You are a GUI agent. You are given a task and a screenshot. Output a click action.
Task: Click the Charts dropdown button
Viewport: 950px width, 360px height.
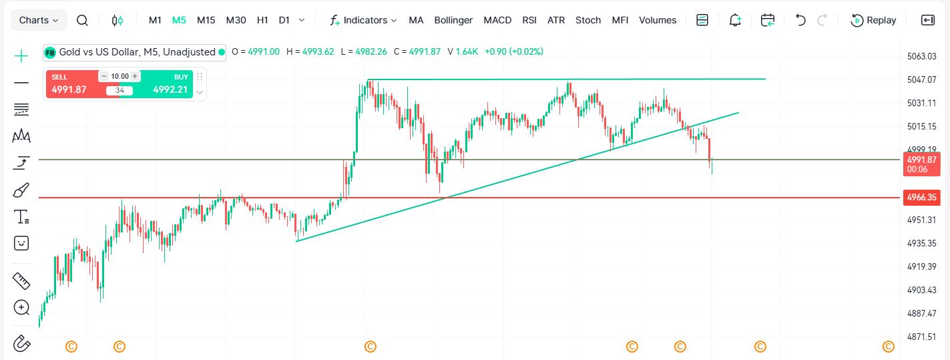[38, 20]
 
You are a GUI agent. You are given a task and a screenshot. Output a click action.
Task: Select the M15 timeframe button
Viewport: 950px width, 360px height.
[206, 20]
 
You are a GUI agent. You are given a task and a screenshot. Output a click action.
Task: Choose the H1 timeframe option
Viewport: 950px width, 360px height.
[262, 20]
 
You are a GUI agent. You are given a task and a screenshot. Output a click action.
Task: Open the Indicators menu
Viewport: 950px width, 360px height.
[364, 20]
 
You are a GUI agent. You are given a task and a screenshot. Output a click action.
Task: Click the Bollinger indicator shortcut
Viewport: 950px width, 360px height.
[453, 20]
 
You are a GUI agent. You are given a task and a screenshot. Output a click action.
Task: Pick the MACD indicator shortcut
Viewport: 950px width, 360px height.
[497, 20]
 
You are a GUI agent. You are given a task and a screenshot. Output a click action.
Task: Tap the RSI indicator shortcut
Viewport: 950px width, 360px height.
[529, 20]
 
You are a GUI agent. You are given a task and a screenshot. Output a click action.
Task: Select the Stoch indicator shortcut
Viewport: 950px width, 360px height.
[588, 20]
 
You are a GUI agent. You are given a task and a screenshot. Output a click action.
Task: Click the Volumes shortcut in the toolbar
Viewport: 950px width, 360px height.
[658, 20]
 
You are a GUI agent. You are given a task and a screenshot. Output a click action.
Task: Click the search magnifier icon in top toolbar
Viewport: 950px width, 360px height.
[82, 20]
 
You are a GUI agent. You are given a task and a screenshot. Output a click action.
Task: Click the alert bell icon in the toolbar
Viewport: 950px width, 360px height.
[735, 20]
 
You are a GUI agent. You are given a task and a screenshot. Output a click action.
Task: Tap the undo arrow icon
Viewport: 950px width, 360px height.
[800, 20]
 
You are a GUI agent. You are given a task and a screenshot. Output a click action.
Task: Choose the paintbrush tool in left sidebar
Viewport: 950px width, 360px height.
[21, 190]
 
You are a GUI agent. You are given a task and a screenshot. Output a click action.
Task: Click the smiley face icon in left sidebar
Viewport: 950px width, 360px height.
[21, 243]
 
